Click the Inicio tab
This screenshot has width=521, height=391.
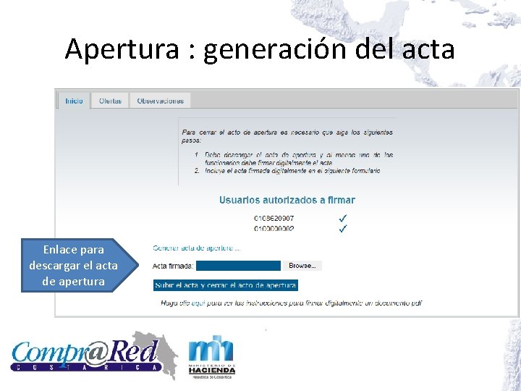pos(74,101)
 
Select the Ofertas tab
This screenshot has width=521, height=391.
pos(110,101)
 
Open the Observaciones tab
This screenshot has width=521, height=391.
pos(160,101)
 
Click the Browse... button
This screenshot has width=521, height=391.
pos(302,266)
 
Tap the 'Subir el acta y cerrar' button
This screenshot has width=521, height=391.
pos(226,285)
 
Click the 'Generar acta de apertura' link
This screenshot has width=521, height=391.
pos(197,248)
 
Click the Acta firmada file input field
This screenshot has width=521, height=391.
pos(238,266)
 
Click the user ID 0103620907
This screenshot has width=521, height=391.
pos(274,218)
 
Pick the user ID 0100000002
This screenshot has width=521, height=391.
pos(274,229)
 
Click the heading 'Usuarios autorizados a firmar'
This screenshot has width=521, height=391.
pos(287,200)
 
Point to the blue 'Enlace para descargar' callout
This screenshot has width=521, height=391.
pos(73,265)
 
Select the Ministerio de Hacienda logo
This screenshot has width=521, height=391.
pos(211,356)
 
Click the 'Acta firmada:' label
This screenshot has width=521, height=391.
pos(173,266)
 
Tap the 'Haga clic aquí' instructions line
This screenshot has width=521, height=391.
pos(291,303)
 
